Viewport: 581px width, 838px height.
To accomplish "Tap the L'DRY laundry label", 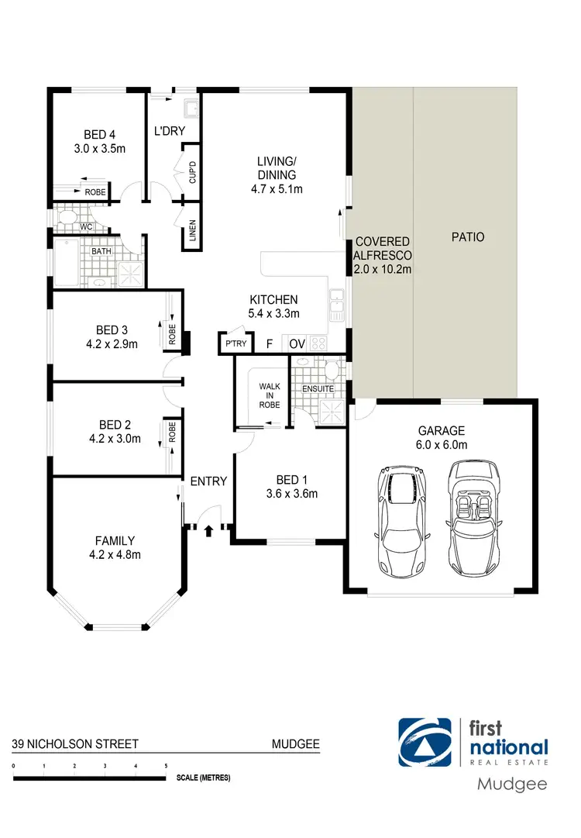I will (169, 131).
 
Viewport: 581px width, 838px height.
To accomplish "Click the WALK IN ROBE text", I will (270, 395).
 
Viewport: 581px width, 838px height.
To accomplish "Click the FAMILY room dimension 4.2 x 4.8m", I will (115, 554).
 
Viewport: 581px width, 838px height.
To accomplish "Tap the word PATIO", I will (467, 236).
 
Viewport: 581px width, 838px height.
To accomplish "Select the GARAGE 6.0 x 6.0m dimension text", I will (442, 444).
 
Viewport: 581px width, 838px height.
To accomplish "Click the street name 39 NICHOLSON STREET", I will (75, 744).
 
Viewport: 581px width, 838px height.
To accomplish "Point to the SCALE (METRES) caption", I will (202, 777).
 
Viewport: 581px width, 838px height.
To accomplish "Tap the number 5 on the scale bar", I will (166, 766).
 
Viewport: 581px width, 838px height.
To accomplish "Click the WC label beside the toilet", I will (86, 227).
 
